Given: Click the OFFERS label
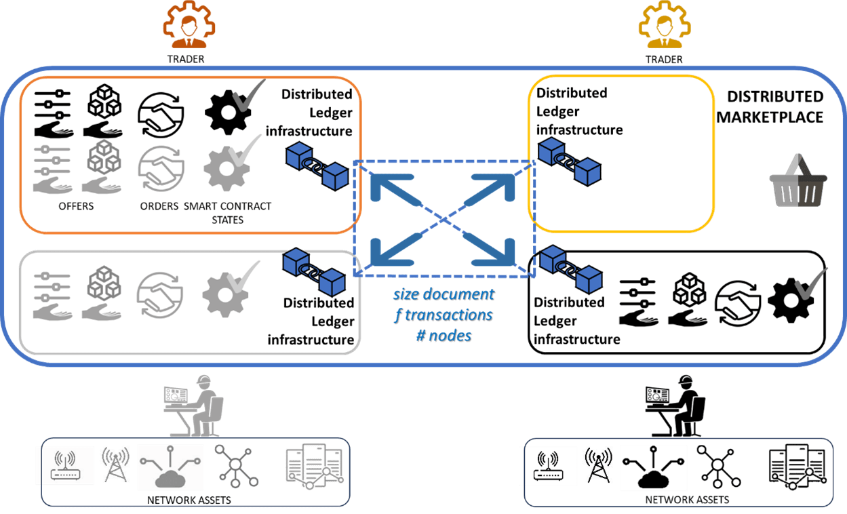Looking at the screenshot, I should [x=76, y=206].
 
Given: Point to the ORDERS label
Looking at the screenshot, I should [x=159, y=206].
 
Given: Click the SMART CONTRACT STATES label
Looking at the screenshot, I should [x=227, y=212].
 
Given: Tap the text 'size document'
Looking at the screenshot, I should [x=444, y=295].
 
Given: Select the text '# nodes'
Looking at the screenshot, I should [x=444, y=335].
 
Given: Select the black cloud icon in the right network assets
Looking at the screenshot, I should [x=653, y=469].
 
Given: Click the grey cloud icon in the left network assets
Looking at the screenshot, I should [x=170, y=469].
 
